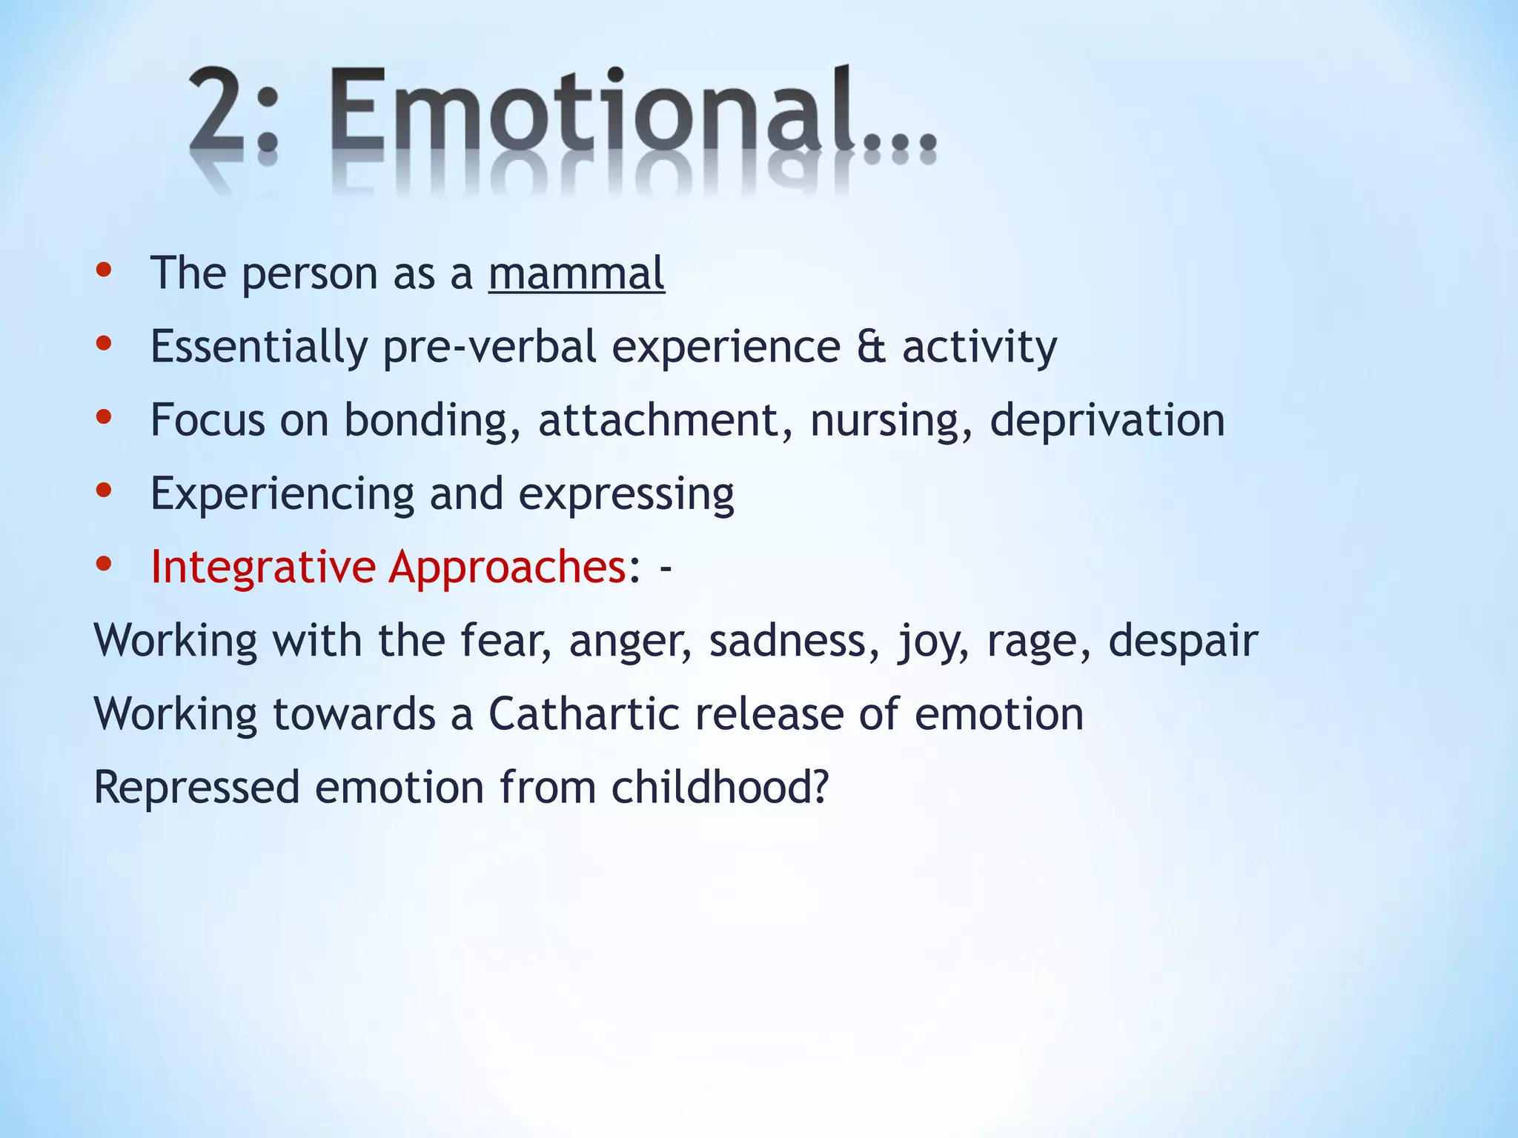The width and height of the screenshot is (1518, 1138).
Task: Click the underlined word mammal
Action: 576,273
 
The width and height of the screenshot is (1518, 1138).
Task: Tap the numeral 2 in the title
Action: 219,111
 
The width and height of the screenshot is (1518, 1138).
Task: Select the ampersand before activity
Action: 871,347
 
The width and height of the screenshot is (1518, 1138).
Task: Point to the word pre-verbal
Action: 489,347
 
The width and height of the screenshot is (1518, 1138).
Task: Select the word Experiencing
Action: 282,494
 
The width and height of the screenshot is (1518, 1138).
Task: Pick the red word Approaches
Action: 508,568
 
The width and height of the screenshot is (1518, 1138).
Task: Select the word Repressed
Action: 196,787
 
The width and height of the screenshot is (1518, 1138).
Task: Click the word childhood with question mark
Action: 719,787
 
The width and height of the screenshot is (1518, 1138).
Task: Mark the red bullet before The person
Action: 104,270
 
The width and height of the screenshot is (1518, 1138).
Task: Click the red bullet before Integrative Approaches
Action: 104,564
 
